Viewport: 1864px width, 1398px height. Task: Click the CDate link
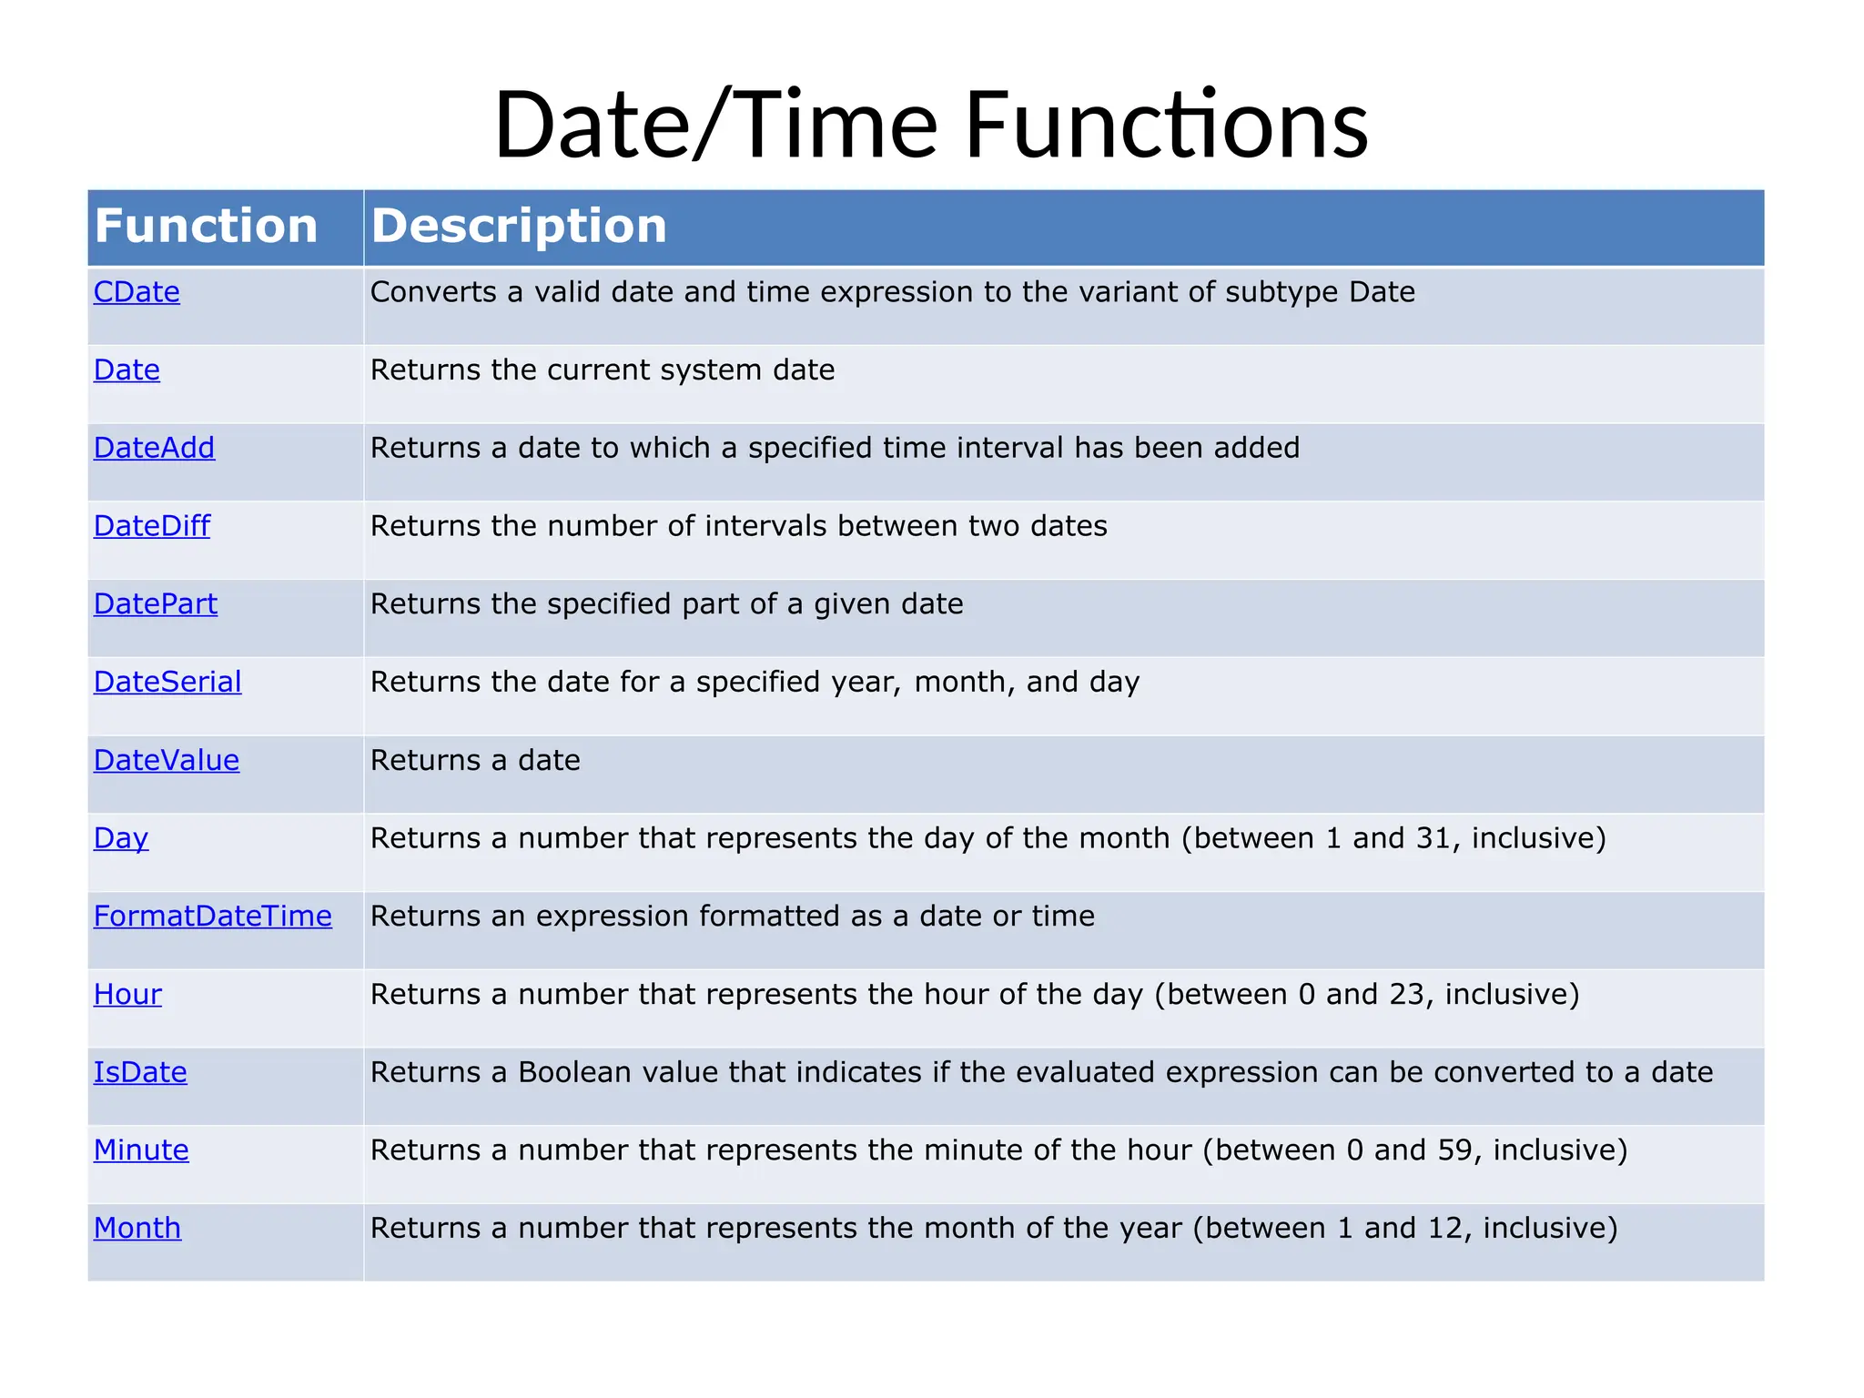(137, 292)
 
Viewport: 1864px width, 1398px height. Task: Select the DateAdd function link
(154, 448)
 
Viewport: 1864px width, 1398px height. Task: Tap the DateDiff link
(151, 526)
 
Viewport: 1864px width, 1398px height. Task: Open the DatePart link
(155, 604)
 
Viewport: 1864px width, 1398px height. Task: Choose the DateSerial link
(167, 682)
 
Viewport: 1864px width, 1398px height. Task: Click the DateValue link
(167, 760)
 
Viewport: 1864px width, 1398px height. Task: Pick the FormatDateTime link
(212, 916)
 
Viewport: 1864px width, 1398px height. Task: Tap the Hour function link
(127, 994)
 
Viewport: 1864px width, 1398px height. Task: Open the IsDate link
(140, 1072)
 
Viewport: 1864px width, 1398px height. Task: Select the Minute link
(141, 1150)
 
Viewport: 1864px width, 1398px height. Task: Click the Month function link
(137, 1228)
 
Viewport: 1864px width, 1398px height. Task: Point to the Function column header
(206, 226)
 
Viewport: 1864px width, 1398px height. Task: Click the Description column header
(519, 226)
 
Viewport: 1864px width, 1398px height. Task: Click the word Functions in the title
(1166, 124)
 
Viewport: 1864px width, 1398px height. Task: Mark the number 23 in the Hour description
(1407, 994)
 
